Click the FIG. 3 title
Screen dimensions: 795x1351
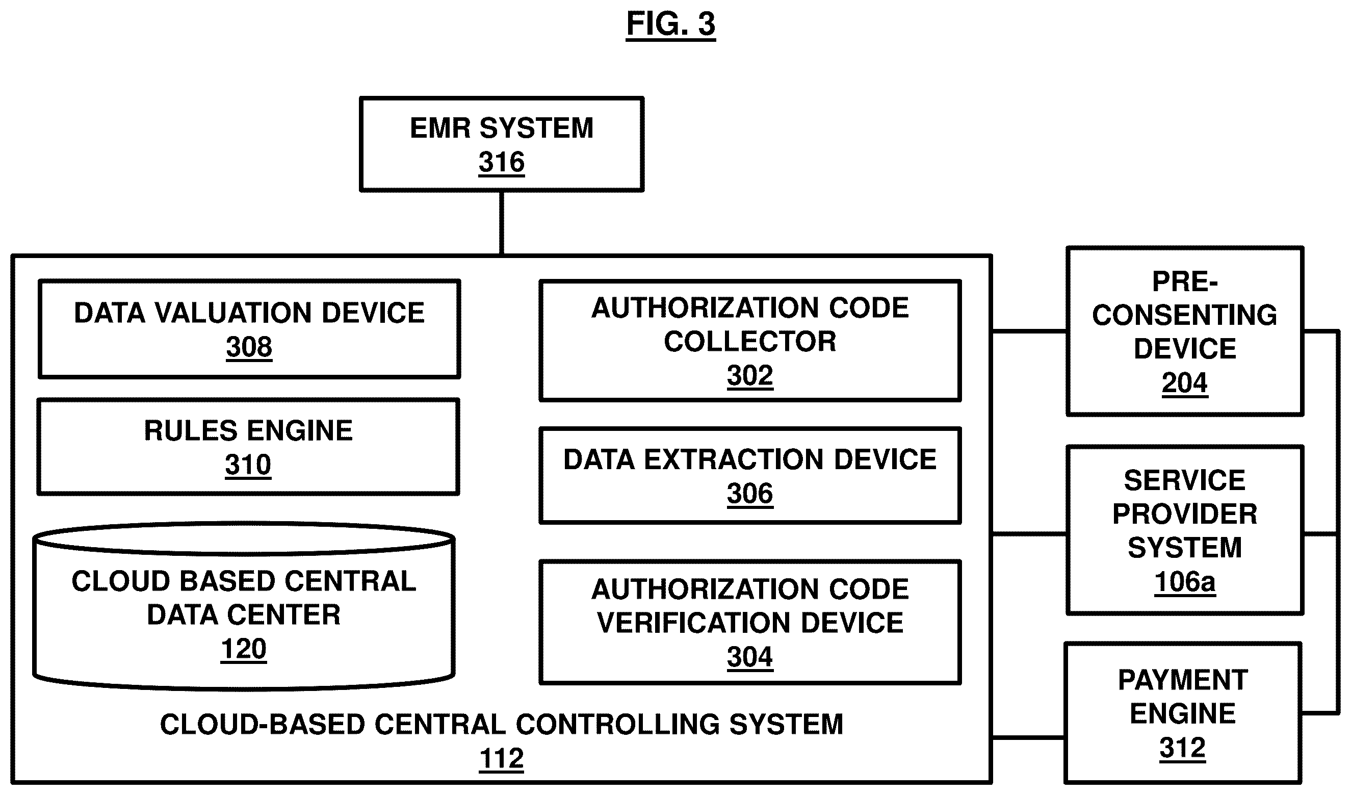tap(671, 24)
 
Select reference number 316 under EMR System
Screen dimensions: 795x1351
tap(501, 162)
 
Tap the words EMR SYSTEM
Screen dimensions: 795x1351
tap(501, 128)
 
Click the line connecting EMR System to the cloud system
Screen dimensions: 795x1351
tap(501, 222)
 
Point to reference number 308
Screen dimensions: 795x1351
tap(249, 347)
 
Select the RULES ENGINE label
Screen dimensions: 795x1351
tap(248, 430)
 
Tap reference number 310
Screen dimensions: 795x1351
tap(248, 465)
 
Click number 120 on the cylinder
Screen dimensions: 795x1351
tap(243, 649)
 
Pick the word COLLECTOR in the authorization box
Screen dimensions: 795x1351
tap(749, 342)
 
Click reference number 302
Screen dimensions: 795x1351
tap(749, 375)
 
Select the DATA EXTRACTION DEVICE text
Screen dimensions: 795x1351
tap(749, 460)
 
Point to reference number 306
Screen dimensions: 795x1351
tap(749, 493)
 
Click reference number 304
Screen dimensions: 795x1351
tap(749, 657)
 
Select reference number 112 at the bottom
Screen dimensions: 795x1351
tap(501, 759)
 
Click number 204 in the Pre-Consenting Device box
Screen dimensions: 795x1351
tap(1184, 383)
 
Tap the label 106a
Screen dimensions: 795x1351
tap(1184, 582)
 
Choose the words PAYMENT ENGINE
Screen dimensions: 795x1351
tap(1182, 697)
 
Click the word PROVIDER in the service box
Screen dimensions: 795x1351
tap(1184, 514)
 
